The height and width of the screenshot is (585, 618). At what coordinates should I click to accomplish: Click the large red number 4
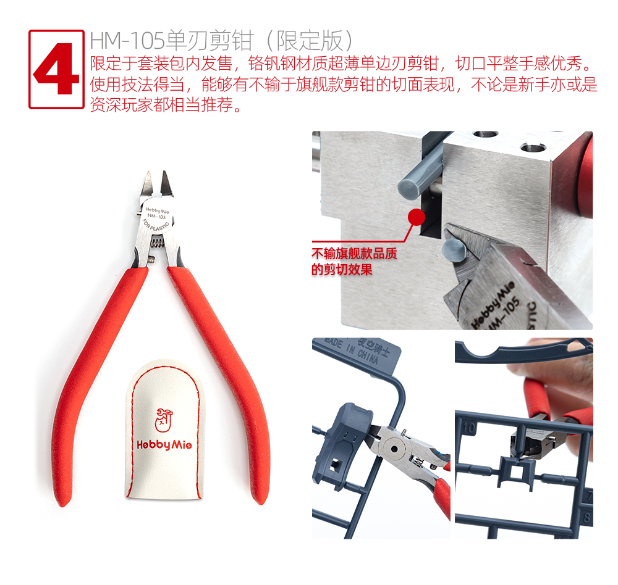[x=56, y=69]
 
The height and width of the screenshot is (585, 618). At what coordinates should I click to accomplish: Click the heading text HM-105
[x=127, y=41]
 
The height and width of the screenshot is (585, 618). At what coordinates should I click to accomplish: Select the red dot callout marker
[x=416, y=217]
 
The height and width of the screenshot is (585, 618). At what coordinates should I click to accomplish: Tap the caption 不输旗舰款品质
[x=354, y=254]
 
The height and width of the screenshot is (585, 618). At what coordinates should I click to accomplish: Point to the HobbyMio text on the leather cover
[x=164, y=445]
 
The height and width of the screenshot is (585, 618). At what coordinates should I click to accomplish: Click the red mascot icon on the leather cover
[x=164, y=420]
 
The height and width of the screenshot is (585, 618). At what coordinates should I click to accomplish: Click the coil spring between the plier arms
[x=157, y=242]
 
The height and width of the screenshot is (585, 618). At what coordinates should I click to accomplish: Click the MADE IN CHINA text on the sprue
[x=352, y=350]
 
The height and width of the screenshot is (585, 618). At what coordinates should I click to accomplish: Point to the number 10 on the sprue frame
[x=468, y=428]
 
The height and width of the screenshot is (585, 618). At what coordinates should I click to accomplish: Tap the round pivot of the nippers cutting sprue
[x=394, y=448]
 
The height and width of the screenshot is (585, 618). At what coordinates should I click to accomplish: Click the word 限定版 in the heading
[x=310, y=41]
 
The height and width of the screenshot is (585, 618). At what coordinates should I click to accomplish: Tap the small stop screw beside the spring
[x=151, y=259]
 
